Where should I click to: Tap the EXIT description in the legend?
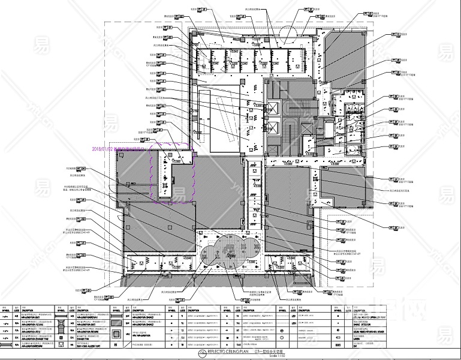358,345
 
